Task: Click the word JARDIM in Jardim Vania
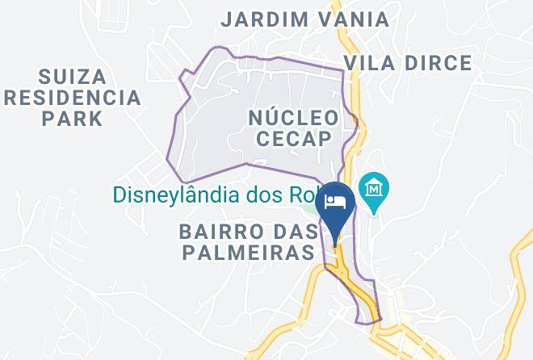point(262,19)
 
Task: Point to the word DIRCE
point(439,63)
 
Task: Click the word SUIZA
point(72,77)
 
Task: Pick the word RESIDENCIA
point(71,98)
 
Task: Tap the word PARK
point(73,119)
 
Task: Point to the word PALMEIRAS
point(247,253)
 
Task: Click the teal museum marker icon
point(375,190)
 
